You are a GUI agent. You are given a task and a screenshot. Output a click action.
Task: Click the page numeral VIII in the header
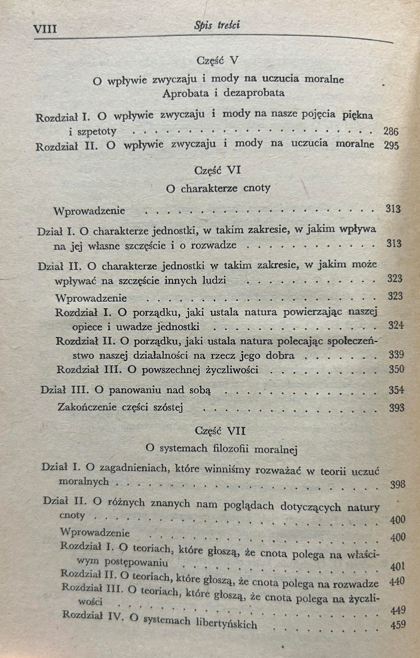pyautogui.click(x=45, y=29)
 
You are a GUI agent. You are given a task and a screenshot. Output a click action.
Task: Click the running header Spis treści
pyautogui.click(x=217, y=25)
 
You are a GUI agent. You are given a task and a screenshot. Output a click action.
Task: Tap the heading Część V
pyautogui.click(x=217, y=60)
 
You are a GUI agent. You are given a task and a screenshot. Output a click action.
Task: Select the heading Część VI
pyautogui.click(x=217, y=170)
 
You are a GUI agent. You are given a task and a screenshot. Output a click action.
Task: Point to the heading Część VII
pyautogui.click(x=220, y=431)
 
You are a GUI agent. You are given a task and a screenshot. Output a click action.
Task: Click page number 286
pyautogui.click(x=391, y=131)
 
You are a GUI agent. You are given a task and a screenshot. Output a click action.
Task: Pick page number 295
pyautogui.click(x=391, y=146)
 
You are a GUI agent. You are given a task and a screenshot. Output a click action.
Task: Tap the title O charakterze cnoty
pyautogui.click(x=218, y=188)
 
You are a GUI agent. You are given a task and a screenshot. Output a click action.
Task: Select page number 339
pyautogui.click(x=396, y=355)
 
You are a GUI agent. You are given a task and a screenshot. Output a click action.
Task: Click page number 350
pyautogui.click(x=396, y=369)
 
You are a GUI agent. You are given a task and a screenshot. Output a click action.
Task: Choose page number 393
pyautogui.click(x=396, y=408)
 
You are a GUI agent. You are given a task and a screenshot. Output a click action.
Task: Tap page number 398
pyautogui.click(x=397, y=485)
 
